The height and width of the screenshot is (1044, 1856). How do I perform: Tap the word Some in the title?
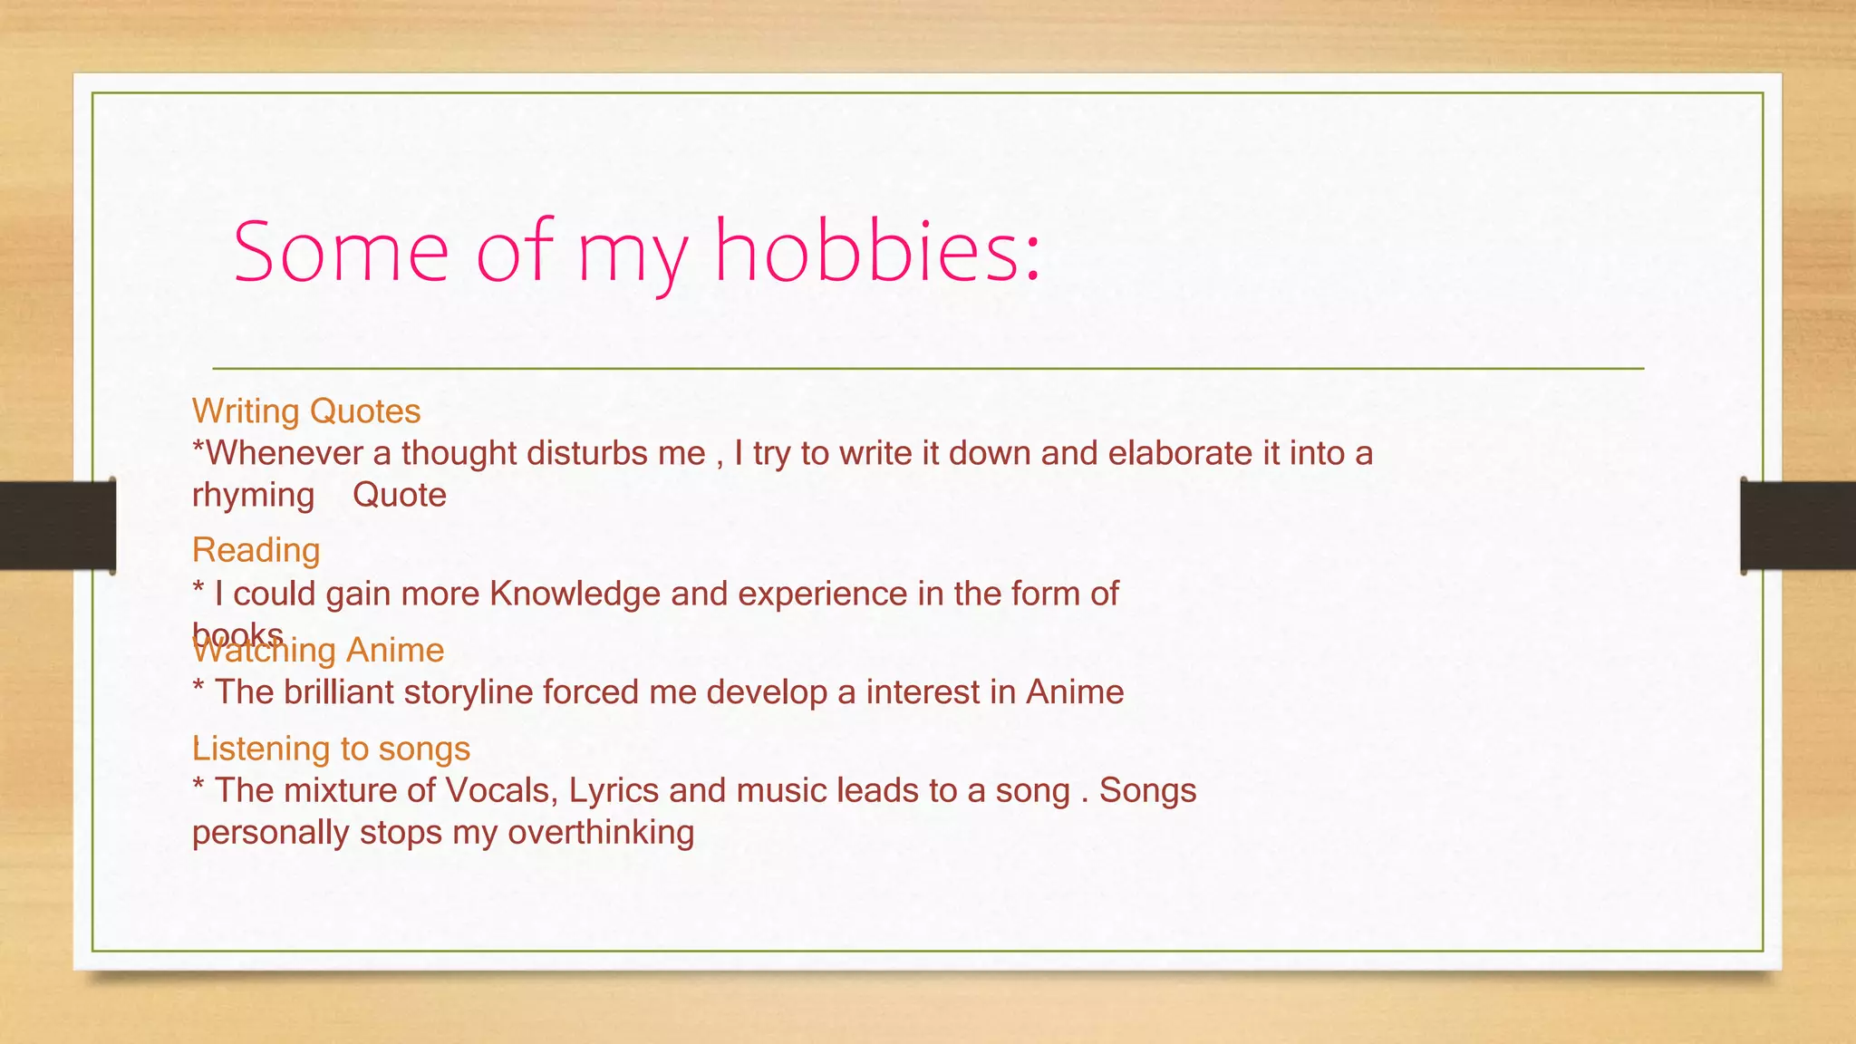(341, 251)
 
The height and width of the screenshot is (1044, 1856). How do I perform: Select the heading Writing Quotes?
(306, 411)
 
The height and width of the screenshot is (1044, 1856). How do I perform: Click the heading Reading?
(256, 550)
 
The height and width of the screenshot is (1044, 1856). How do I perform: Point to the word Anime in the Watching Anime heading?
(395, 651)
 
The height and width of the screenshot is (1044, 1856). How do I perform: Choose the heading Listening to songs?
(331, 749)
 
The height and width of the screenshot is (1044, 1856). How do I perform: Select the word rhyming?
(253, 496)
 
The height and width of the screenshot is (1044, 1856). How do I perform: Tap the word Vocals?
(501, 790)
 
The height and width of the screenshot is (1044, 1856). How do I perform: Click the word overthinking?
(601, 832)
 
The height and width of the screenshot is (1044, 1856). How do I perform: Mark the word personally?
(270, 833)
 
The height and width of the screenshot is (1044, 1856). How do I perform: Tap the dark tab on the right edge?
(1798, 526)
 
